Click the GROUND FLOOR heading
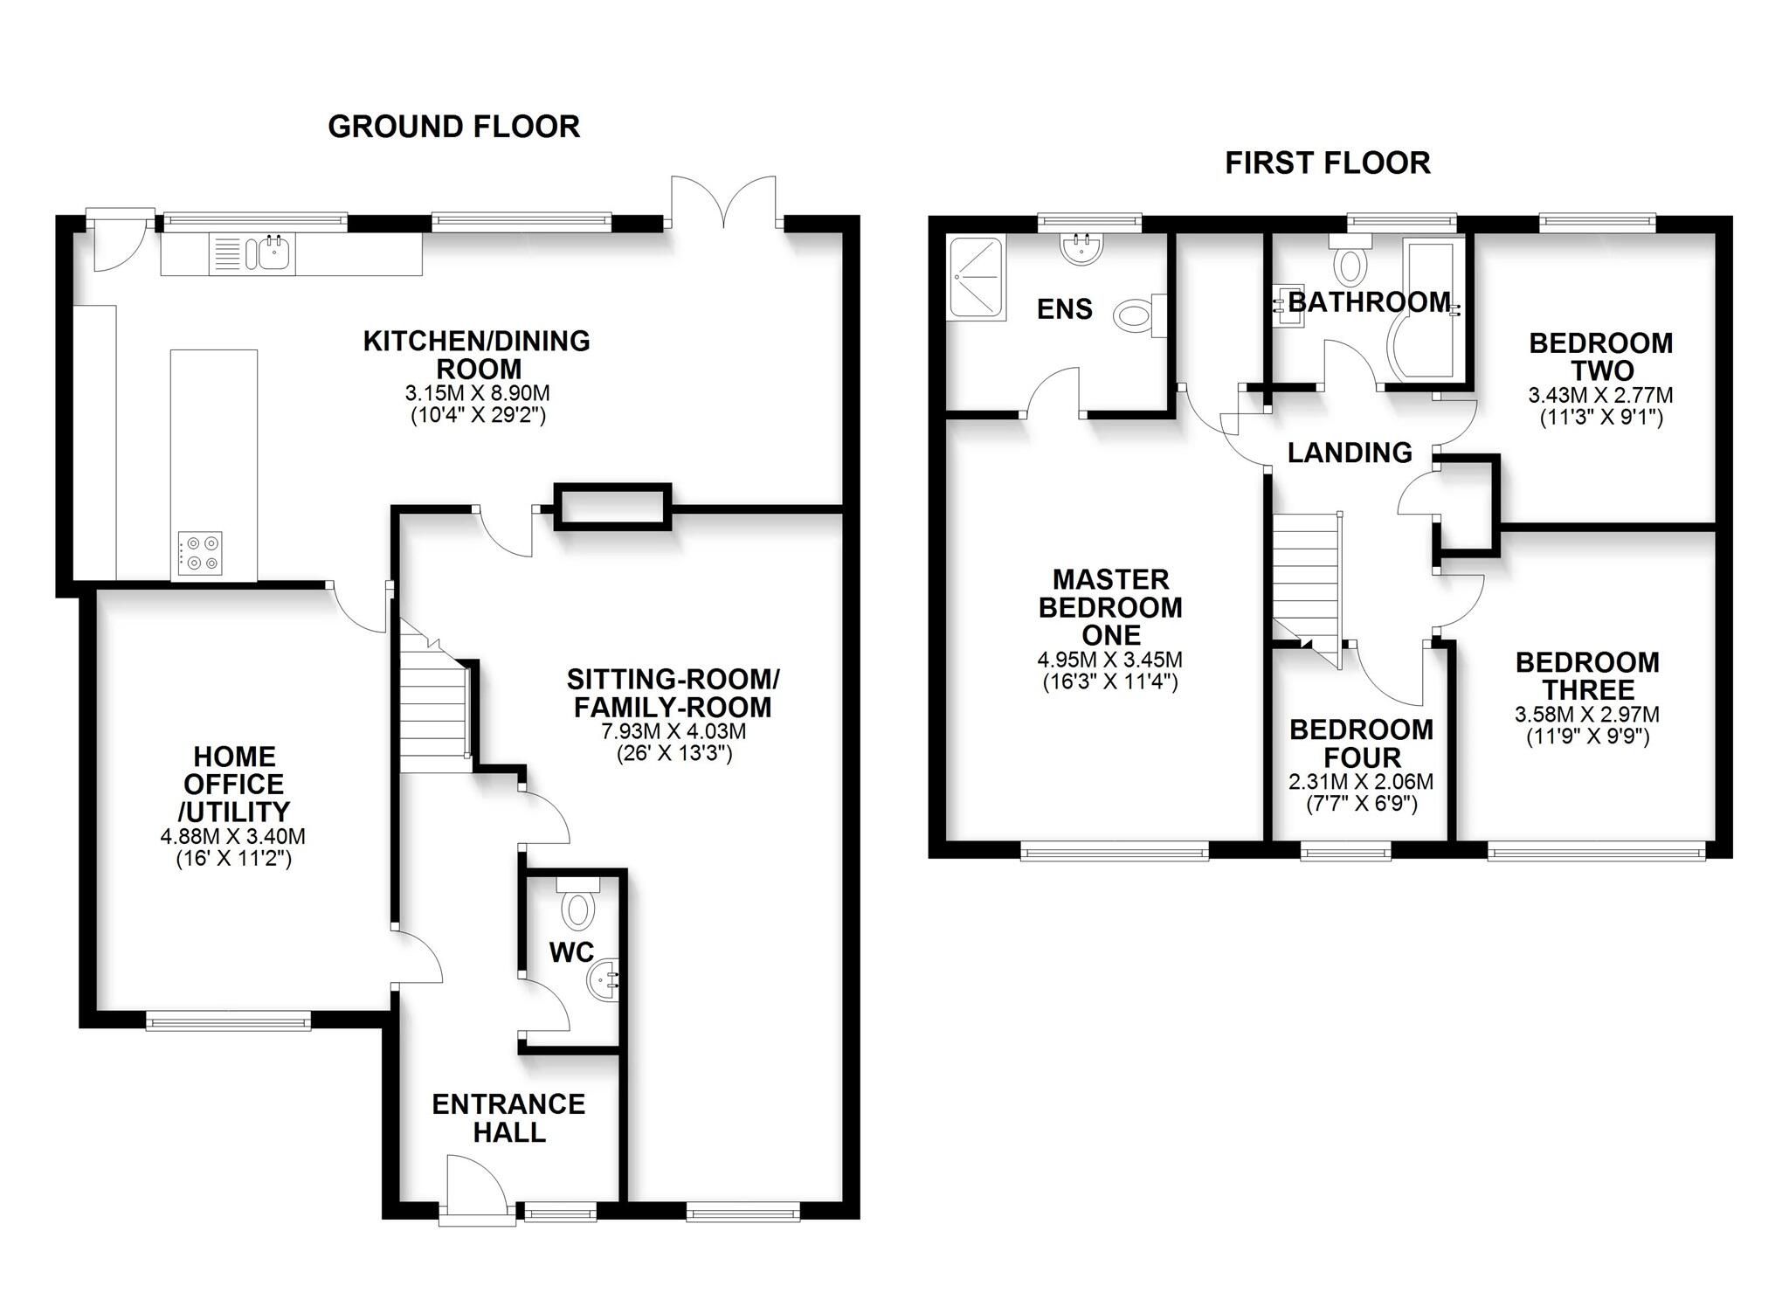pyautogui.click(x=453, y=127)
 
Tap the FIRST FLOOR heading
pyautogui.click(x=1327, y=163)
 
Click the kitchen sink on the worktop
pyautogui.click(x=273, y=254)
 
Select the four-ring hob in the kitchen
pyautogui.click(x=200, y=553)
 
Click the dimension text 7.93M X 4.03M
pyautogui.click(x=672, y=731)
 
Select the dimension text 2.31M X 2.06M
pyautogui.click(x=1360, y=782)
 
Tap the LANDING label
pyautogui.click(x=1350, y=453)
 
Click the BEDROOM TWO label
pyautogui.click(x=1600, y=356)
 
